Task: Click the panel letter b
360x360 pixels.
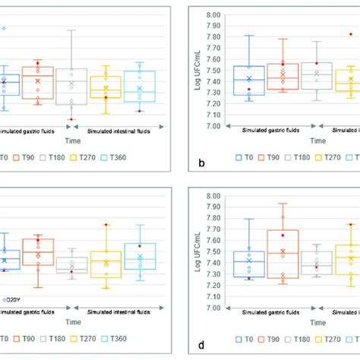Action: [201, 163]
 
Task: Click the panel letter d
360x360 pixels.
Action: [201, 344]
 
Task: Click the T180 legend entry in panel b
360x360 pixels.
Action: [304, 158]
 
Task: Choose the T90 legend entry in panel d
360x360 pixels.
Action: [271, 339]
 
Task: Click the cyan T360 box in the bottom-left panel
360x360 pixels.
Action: [139, 256]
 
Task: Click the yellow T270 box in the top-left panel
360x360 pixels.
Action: [106, 87]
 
